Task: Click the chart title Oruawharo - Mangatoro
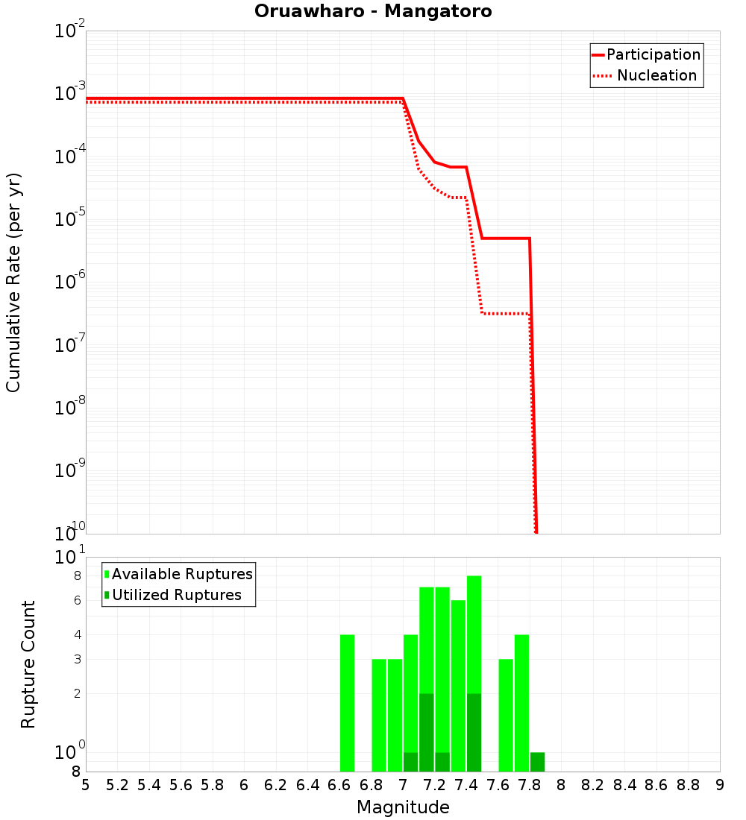(373, 12)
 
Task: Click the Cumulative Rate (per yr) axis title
(13, 283)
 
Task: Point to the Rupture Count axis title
(28, 664)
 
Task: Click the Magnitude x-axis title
(403, 807)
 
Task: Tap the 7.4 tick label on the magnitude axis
(466, 785)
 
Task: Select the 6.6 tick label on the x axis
(339, 785)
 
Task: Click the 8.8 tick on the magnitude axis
(688, 785)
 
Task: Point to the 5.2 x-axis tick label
(117, 785)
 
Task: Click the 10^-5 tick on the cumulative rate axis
(70, 219)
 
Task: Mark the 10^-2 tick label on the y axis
(70, 31)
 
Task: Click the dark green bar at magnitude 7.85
(538, 762)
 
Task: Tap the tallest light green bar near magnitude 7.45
(474, 634)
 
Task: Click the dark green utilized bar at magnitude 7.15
(427, 732)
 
